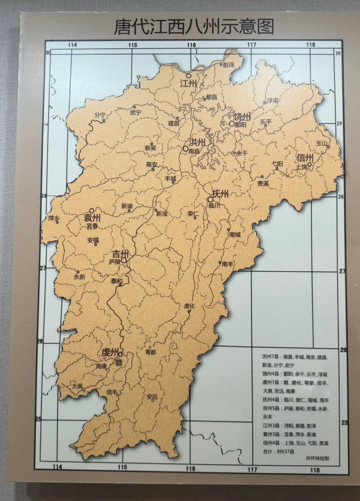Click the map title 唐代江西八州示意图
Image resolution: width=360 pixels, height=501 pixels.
pos(194,26)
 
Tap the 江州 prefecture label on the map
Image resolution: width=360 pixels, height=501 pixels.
pos(188,84)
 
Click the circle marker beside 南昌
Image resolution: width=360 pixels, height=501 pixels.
pos(185,149)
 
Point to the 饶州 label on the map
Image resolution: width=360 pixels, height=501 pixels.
pos(242,117)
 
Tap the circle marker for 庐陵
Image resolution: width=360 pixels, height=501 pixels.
pos(124,260)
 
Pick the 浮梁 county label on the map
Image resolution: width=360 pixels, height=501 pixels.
pos(272,101)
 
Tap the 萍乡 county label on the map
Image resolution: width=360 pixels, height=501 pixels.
pos(54,219)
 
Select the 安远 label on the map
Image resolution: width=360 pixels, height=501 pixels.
pos(152,397)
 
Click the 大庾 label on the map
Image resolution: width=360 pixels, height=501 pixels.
pos(77,386)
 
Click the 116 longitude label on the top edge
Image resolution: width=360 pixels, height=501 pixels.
pos(191,45)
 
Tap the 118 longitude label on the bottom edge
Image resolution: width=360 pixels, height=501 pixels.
pos(314,470)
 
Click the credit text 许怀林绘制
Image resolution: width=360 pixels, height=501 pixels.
pos(317,458)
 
